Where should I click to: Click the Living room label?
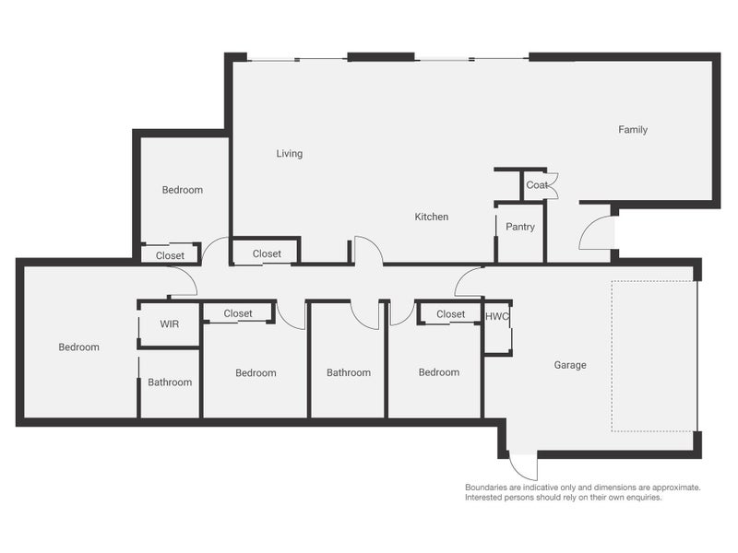289,154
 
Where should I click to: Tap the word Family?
633,130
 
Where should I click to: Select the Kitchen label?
431,218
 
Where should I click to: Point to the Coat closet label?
536,185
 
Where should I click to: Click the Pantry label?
519,227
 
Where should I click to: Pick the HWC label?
497,315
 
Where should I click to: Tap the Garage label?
570,365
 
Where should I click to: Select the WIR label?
169,324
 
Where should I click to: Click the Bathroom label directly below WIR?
170,382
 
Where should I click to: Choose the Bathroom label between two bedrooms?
349,373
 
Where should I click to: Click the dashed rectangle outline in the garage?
654,356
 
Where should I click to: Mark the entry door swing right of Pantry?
595,234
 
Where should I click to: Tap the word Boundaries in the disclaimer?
488,487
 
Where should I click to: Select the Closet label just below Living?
267,254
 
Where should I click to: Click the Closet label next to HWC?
450,314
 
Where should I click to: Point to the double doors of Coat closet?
553,185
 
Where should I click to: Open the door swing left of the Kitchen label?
367,250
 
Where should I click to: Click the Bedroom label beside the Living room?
182,190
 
